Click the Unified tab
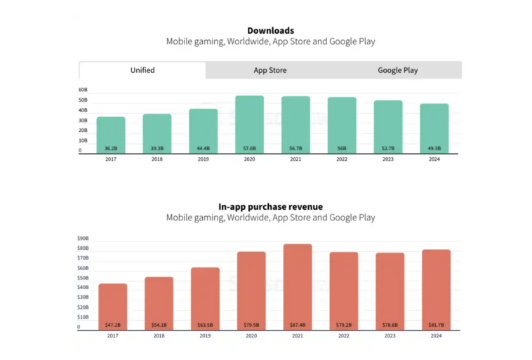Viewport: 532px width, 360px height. click(142, 70)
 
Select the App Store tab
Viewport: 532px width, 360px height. click(270, 70)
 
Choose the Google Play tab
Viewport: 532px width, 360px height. click(397, 70)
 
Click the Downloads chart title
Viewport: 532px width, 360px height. click(270, 30)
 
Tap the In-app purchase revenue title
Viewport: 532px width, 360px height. click(270, 206)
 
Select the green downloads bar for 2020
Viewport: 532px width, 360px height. click(249, 123)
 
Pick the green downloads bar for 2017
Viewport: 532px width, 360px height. click(111, 133)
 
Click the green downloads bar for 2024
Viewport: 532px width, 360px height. click(434, 127)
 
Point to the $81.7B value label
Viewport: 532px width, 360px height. click(437, 325)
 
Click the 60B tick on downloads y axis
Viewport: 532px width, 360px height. click(83, 91)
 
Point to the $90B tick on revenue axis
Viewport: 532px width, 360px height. click(84, 239)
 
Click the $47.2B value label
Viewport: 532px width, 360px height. click(113, 325)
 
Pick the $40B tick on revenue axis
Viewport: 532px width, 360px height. click(84, 288)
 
